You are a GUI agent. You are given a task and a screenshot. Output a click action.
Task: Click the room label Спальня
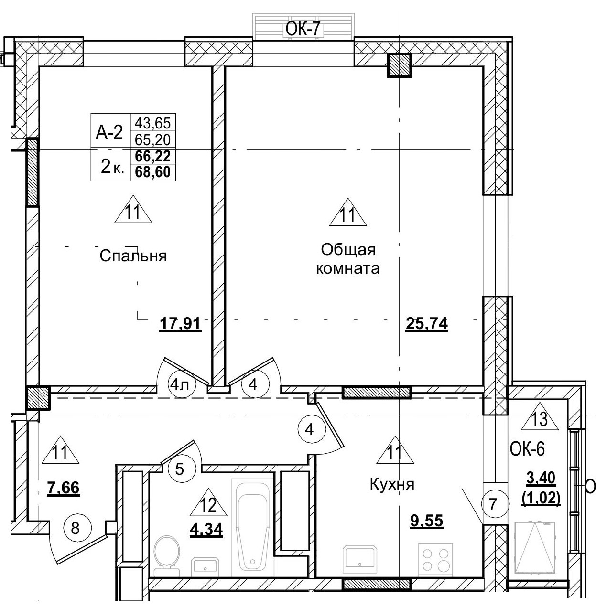[x=133, y=256]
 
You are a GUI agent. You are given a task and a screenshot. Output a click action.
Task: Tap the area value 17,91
[x=179, y=324]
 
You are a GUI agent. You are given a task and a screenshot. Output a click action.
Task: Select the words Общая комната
[x=348, y=258]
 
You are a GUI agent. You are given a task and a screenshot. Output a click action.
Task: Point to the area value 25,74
[x=426, y=324]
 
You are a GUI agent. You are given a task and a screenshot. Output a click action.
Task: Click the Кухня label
[x=392, y=484]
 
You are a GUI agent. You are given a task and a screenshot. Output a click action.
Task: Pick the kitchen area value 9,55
[x=427, y=520]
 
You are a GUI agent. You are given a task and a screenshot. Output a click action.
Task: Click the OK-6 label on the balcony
[x=527, y=449]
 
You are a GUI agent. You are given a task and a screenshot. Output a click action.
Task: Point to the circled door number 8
[x=75, y=528]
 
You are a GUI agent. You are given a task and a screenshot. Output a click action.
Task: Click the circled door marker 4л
[x=179, y=385]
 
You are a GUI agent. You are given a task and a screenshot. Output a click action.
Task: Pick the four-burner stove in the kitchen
[x=435, y=559]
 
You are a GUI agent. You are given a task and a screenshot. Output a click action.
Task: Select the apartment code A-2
[x=109, y=133]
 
